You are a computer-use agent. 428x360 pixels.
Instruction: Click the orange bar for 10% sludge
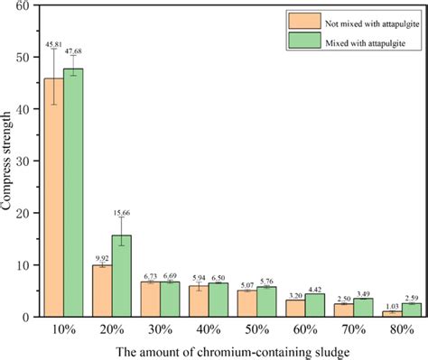[56, 198]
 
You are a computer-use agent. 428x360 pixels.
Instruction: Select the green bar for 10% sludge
[76, 194]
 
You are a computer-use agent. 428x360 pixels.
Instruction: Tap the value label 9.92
[101, 257]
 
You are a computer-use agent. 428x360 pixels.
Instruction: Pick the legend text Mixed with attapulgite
[359, 40]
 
